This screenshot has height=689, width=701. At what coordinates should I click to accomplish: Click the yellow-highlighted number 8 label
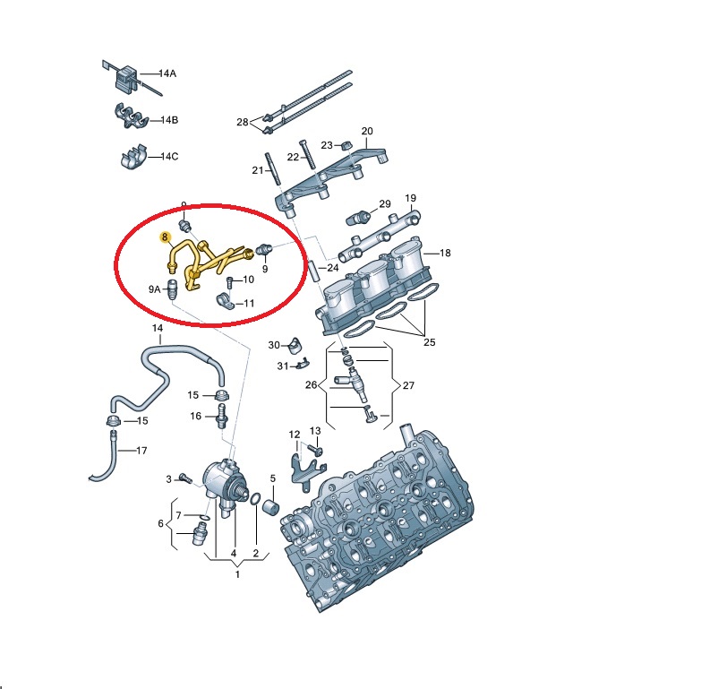[x=166, y=237]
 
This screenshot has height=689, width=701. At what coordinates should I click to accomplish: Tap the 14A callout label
[x=167, y=73]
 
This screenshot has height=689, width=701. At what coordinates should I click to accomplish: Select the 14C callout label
[x=169, y=157]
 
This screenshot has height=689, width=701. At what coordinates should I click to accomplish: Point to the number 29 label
[x=385, y=204]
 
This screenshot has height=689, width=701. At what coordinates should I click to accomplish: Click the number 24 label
[x=333, y=268]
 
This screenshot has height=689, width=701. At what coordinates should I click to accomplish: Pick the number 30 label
[x=274, y=345]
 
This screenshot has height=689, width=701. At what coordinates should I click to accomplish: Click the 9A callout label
[x=155, y=289]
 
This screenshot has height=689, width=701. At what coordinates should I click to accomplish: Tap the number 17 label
[x=141, y=451]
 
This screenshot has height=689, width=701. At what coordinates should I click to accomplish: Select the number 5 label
[x=273, y=478]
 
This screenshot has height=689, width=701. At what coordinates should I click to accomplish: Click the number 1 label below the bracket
[x=237, y=574]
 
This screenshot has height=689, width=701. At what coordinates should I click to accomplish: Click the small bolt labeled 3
[x=185, y=478]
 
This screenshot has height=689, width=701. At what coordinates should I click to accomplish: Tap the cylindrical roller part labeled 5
[x=270, y=508]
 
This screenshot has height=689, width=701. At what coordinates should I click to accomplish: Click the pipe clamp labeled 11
[x=227, y=302]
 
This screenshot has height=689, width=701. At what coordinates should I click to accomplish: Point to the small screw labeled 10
[x=230, y=282]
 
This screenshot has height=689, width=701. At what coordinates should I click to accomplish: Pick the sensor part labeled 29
[x=358, y=219]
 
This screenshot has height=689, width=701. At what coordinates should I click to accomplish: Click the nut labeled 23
[x=346, y=145]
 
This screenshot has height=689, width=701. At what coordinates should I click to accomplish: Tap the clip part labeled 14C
[x=133, y=157]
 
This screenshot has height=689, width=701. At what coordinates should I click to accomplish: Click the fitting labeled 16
[x=222, y=416]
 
